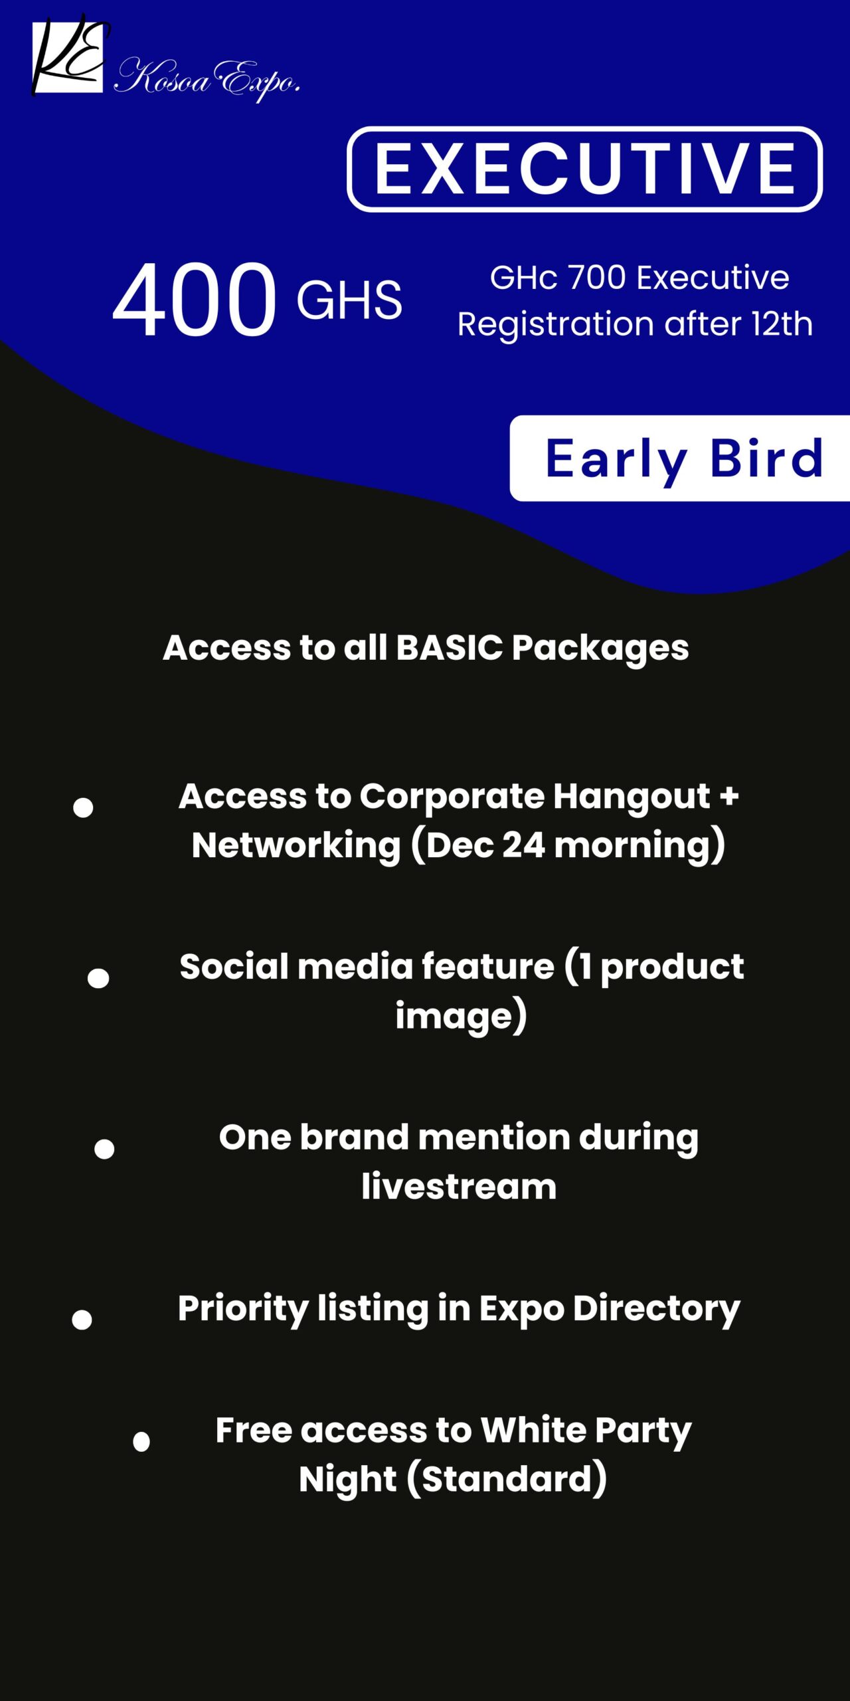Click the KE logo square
(68, 56)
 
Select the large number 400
(193, 299)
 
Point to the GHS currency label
(349, 300)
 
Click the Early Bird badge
(680, 458)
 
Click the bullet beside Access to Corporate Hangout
(83, 807)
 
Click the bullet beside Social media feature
(98, 978)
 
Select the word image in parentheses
(455, 1016)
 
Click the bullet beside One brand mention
(104, 1149)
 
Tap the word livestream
(459, 1187)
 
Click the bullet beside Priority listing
(82, 1320)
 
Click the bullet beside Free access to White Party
(141, 1441)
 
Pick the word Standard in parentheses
(507, 1479)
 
